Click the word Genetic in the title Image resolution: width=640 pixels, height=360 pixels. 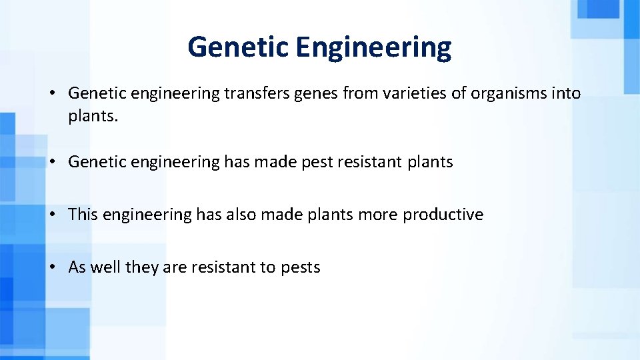tap(238, 47)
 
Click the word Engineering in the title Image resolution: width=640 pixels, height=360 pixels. tap(374, 47)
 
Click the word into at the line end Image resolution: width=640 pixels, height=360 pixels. tap(565, 93)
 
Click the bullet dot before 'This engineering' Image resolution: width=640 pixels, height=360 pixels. tap(51, 215)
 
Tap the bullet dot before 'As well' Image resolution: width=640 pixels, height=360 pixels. tap(51, 267)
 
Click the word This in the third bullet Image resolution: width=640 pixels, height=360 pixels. tap(83, 215)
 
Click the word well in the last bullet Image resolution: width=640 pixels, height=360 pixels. tap(105, 267)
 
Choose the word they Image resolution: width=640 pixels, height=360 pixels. tap(141, 267)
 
